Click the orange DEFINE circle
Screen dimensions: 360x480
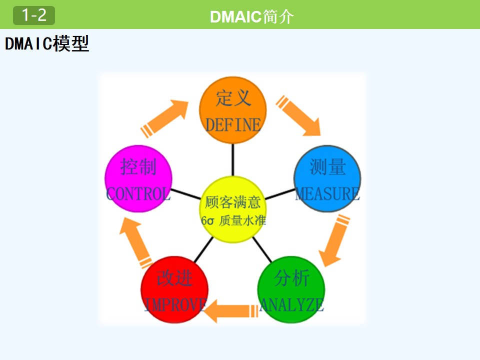(233, 111)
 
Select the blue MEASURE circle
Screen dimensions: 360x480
(327, 179)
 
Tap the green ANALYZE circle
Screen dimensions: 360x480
(291, 290)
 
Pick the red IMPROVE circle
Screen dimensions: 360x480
(174, 290)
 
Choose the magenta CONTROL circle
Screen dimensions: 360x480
(138, 179)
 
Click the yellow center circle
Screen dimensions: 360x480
(233, 209)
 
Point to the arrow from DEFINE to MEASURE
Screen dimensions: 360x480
(299, 115)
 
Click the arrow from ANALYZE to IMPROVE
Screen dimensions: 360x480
(230, 310)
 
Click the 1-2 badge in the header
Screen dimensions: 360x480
(34, 15)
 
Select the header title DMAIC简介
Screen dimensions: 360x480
(251, 16)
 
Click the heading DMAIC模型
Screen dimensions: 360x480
(47, 44)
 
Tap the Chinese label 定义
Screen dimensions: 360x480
(233, 98)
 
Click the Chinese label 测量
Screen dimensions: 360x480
(327, 167)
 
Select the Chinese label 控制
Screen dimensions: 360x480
(138, 167)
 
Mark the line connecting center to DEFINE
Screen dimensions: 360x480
(233, 159)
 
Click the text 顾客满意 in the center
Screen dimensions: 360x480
(233, 202)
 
